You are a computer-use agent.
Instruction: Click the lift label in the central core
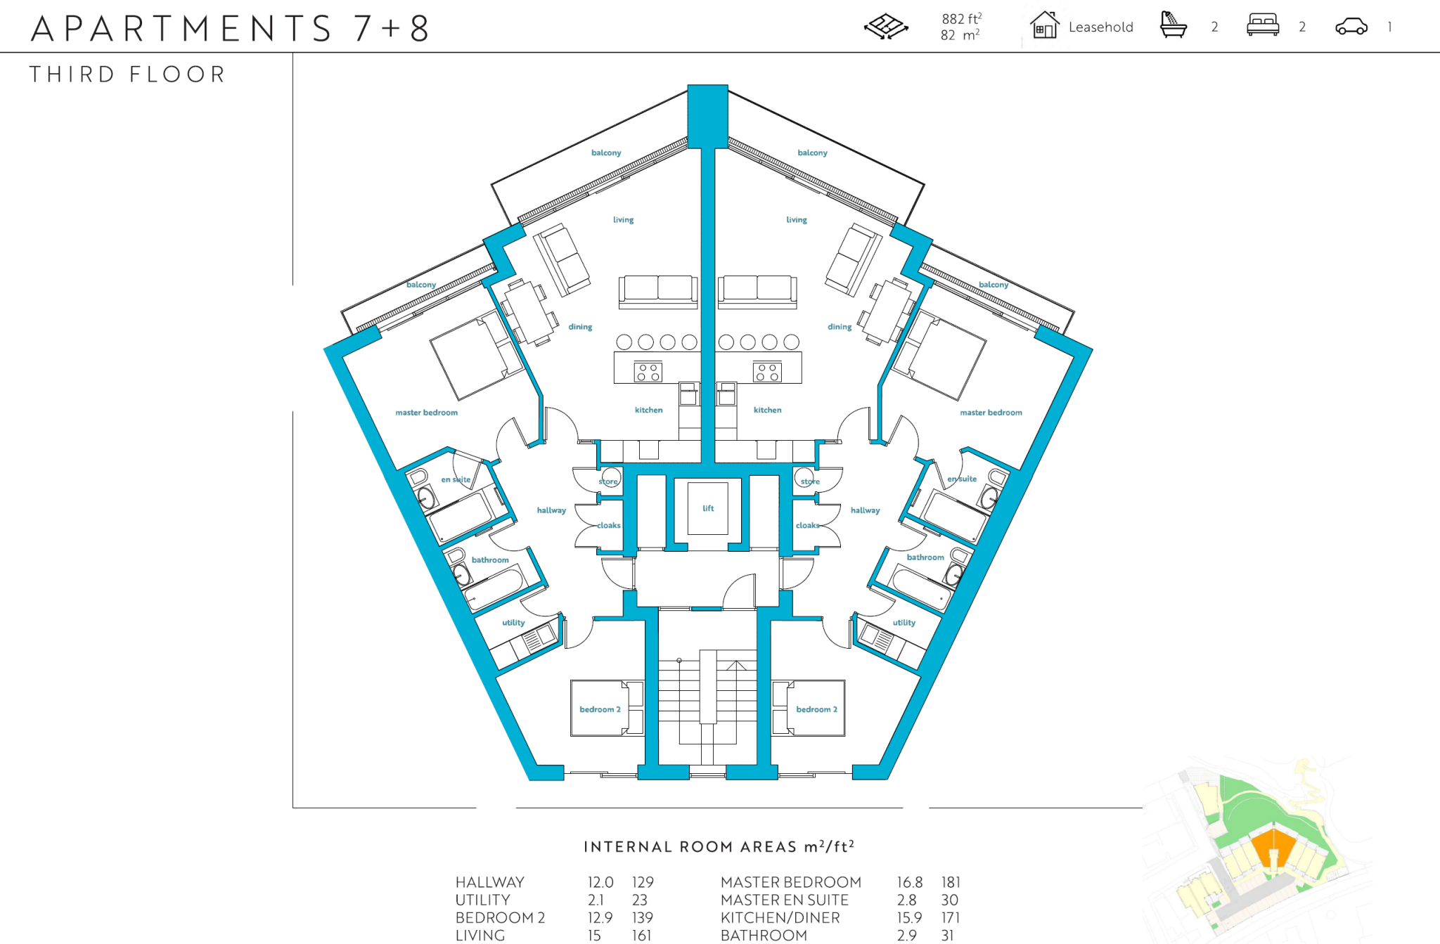[x=708, y=508]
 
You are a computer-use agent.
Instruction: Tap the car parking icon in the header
[x=1351, y=27]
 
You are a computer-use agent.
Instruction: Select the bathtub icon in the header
[x=1173, y=25]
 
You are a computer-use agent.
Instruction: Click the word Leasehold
[x=1100, y=27]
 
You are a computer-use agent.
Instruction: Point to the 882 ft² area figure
[x=961, y=19]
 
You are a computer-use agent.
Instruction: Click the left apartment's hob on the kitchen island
[x=648, y=372]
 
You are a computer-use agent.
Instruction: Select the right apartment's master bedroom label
[x=991, y=413]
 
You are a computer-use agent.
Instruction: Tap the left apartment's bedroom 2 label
[x=600, y=709]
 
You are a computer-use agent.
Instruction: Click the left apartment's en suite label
[x=456, y=479]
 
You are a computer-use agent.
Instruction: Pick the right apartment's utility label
[x=904, y=623]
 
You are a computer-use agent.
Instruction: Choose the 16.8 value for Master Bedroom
[x=909, y=882]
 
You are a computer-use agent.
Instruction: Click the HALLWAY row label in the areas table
[x=489, y=882]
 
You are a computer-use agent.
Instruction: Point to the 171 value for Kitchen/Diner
[x=950, y=917]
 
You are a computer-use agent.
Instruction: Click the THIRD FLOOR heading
[x=127, y=75]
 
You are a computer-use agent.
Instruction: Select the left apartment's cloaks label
[x=609, y=525]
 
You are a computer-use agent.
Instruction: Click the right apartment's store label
[x=810, y=481]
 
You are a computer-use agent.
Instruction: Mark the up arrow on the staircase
[x=736, y=666]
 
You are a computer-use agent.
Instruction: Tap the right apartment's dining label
[x=839, y=327]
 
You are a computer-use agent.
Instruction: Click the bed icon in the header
[x=1262, y=25]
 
